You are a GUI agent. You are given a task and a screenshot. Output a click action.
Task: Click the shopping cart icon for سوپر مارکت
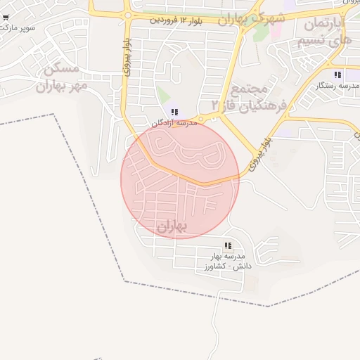tap(6, 18)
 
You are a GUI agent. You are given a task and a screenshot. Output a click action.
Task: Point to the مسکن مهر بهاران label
tap(63, 79)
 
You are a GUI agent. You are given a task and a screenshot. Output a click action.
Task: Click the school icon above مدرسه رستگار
tap(337, 75)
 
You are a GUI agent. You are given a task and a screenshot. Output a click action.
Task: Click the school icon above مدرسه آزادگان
tap(174, 112)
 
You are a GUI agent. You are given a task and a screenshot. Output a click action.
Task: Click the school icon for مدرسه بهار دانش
tap(227, 246)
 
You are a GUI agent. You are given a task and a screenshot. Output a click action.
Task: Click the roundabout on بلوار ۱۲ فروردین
tap(127, 15)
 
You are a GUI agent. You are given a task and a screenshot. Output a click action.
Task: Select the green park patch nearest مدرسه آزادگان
tap(163, 95)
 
